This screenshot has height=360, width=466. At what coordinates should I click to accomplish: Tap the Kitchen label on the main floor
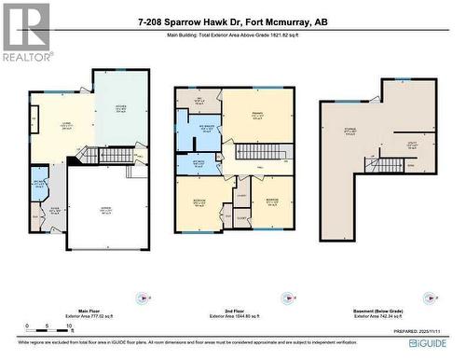pos(122,107)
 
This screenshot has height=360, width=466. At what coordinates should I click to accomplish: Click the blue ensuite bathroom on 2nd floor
pos(205,132)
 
